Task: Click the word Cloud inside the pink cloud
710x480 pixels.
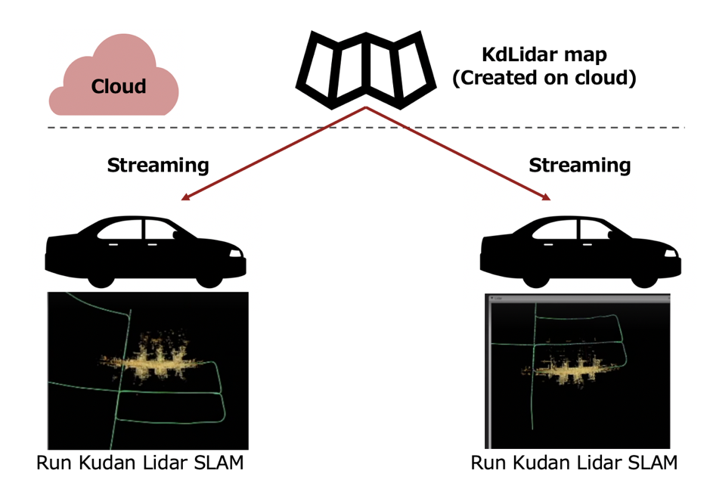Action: tap(119, 86)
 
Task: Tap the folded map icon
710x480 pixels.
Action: tap(366, 70)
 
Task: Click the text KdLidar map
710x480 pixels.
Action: tap(544, 55)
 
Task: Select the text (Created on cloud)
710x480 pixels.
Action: tap(544, 78)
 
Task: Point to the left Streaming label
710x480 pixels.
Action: tap(158, 166)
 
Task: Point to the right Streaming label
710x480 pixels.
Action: tap(580, 166)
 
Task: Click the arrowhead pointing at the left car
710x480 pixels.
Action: tap(186, 197)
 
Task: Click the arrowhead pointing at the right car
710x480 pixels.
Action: tap(546, 197)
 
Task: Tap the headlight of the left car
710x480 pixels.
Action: tap(235, 253)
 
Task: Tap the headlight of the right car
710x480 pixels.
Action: tap(671, 253)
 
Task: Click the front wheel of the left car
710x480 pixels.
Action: tap(209, 277)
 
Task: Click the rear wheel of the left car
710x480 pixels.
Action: tap(101, 277)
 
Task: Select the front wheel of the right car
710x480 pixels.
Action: tap(644, 277)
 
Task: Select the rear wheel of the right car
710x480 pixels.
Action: tap(536, 277)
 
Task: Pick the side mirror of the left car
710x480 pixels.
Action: tap(176, 235)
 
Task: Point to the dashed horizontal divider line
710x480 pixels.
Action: tap(366, 128)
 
